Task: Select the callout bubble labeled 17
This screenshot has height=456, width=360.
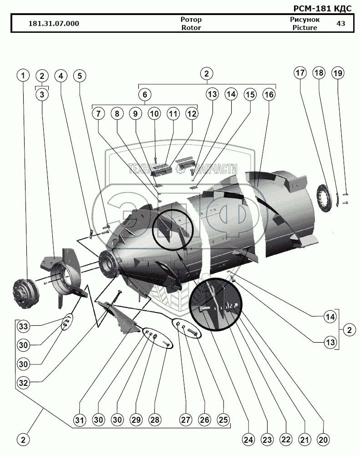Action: tap(300, 73)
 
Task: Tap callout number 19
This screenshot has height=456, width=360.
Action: tap(338, 73)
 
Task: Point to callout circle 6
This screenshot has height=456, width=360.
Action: tap(144, 95)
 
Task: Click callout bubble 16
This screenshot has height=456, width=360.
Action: tap(269, 95)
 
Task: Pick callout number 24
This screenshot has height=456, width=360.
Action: tap(248, 440)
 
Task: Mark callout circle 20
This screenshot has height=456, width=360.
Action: tap(324, 440)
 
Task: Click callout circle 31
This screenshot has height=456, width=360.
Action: tap(80, 420)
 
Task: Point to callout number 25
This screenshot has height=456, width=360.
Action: tap(223, 420)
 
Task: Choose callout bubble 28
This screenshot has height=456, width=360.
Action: tap(156, 420)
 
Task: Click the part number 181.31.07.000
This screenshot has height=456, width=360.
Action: tap(54, 24)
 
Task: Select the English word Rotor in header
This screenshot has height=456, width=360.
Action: tap(191, 27)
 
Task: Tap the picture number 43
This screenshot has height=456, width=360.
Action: tap(340, 24)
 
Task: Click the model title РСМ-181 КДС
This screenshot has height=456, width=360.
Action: tap(322, 8)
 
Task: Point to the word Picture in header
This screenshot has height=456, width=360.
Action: tap(305, 27)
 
